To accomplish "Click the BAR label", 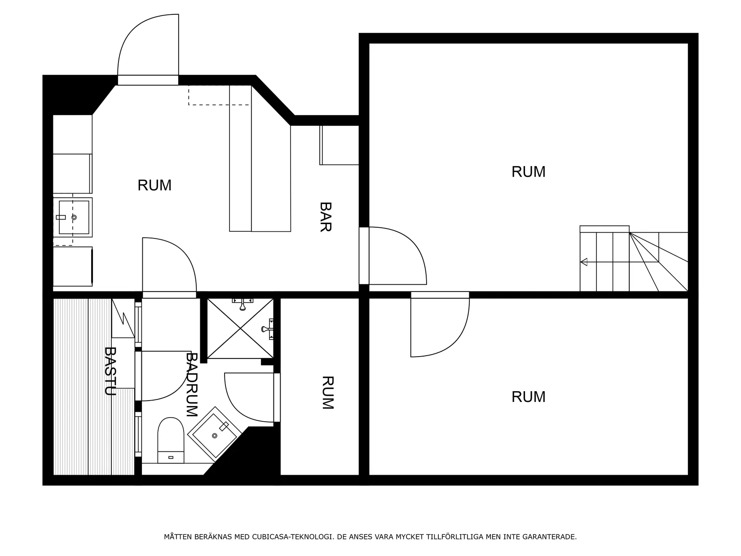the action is click(x=326, y=217).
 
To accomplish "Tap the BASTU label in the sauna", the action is click(x=110, y=371).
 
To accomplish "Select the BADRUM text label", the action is click(x=192, y=384).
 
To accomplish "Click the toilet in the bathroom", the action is click(x=171, y=440).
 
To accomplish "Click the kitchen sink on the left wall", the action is click(x=73, y=217).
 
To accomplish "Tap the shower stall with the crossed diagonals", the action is click(x=240, y=328).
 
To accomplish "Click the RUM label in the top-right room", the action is click(x=528, y=172).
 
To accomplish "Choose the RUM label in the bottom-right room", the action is click(x=528, y=397).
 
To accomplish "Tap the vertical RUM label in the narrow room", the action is click(x=328, y=393).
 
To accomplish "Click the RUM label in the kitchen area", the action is click(x=154, y=185).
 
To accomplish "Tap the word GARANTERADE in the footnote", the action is click(x=549, y=537).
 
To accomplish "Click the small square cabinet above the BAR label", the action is click(x=339, y=145).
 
